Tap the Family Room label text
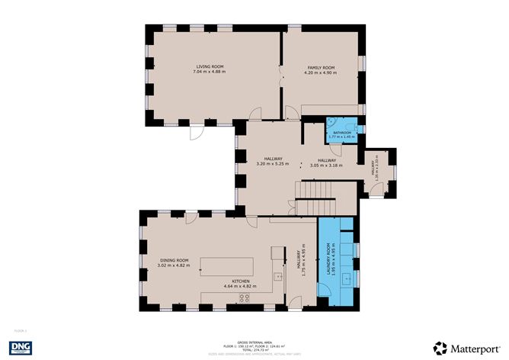pyautogui.click(x=321, y=68)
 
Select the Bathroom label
pyautogui.click(x=341, y=132)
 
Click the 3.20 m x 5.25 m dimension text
pyautogui.click(x=272, y=164)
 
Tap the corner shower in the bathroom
pyautogui.click(x=332, y=124)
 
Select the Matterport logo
pyautogui.click(x=464, y=346)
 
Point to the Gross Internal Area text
pyautogui.click(x=254, y=342)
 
